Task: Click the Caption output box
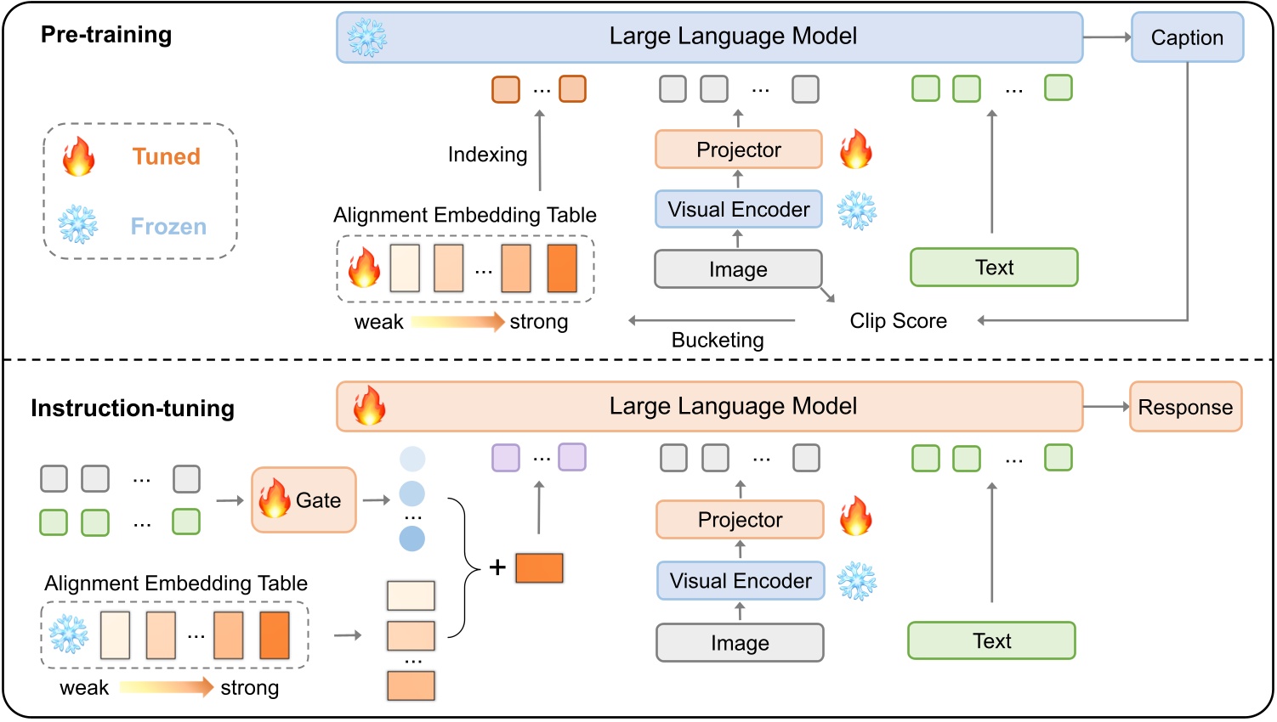click(1187, 37)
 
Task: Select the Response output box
click(1185, 407)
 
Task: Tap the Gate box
click(304, 500)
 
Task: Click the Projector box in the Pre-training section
click(738, 149)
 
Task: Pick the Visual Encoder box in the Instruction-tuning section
click(740, 581)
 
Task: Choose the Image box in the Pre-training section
click(738, 269)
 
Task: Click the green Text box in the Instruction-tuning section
click(991, 640)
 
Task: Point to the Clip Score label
click(898, 321)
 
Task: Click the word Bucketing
click(718, 341)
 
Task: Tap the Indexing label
click(487, 155)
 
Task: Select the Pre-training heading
click(106, 35)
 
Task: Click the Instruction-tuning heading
click(133, 409)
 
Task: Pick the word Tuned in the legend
click(166, 156)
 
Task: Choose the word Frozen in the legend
click(168, 227)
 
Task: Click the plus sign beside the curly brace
click(497, 567)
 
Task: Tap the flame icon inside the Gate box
click(275, 499)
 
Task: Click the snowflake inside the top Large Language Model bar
click(367, 37)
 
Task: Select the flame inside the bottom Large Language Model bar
click(369, 406)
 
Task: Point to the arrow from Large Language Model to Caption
click(1107, 37)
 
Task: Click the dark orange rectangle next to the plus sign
click(539, 567)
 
